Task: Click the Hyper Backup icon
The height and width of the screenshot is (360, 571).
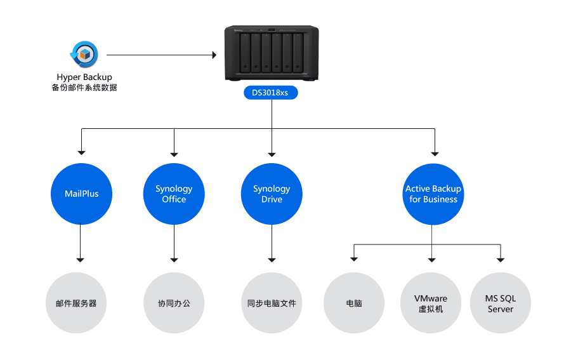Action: (x=84, y=55)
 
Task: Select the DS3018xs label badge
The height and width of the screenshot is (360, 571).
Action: (x=270, y=93)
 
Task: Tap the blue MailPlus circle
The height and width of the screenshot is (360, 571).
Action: (x=82, y=194)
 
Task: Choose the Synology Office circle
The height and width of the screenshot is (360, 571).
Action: (x=174, y=194)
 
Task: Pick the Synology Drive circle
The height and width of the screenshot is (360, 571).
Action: (x=272, y=194)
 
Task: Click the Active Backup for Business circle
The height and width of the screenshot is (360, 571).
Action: (x=433, y=194)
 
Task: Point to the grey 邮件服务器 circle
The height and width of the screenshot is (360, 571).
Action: (x=76, y=303)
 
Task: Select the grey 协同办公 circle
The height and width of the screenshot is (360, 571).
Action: (x=174, y=303)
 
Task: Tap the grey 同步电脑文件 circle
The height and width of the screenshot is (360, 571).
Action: (x=272, y=303)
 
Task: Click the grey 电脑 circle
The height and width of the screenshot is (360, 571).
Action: (x=354, y=303)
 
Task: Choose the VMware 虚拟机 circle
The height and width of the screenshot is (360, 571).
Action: (x=431, y=303)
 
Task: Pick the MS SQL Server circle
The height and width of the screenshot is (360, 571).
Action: (x=501, y=303)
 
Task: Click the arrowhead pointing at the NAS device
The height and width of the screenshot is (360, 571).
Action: (x=214, y=55)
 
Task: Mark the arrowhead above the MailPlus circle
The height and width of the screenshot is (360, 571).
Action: (x=82, y=152)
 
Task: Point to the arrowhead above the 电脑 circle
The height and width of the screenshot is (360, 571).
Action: (x=354, y=259)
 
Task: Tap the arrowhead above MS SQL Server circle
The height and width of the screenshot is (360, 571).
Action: (x=501, y=260)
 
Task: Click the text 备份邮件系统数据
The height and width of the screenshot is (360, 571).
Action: (x=84, y=88)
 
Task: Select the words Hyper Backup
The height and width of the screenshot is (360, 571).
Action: (x=84, y=77)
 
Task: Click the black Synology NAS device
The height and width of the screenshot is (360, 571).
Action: (x=272, y=53)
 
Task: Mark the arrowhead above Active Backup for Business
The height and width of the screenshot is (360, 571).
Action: (x=435, y=154)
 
